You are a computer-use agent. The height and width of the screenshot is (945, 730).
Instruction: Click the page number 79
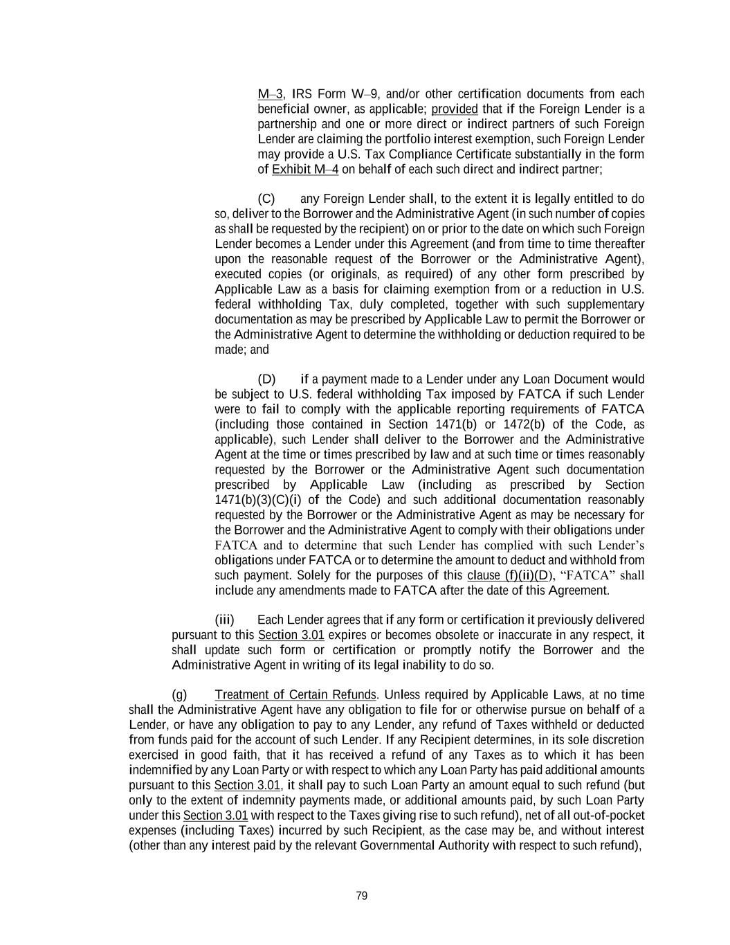361,896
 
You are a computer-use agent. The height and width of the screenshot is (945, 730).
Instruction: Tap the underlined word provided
455,109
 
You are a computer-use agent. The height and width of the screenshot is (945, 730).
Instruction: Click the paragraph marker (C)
266,199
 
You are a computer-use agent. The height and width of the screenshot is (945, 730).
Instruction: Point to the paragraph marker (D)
266,379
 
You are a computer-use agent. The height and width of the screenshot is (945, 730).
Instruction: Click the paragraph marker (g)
179,695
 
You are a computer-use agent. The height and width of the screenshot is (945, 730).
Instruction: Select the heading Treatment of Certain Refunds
295,695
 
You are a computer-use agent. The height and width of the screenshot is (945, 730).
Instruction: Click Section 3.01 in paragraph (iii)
291,635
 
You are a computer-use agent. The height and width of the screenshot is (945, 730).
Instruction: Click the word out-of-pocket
569,816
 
